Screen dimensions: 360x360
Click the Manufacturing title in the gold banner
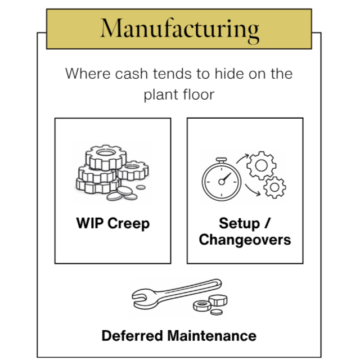[179, 28]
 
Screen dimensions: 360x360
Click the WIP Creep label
[112, 223]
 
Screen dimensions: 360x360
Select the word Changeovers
[245, 240]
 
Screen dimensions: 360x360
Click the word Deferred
[133, 336]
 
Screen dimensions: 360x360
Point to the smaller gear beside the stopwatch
[274, 187]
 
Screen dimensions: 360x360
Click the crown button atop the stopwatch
[222, 159]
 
